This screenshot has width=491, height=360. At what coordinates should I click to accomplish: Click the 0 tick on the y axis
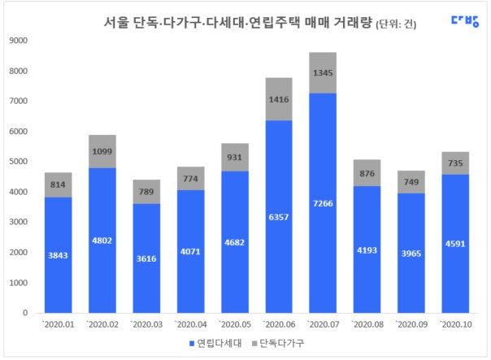coord(25,314)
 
